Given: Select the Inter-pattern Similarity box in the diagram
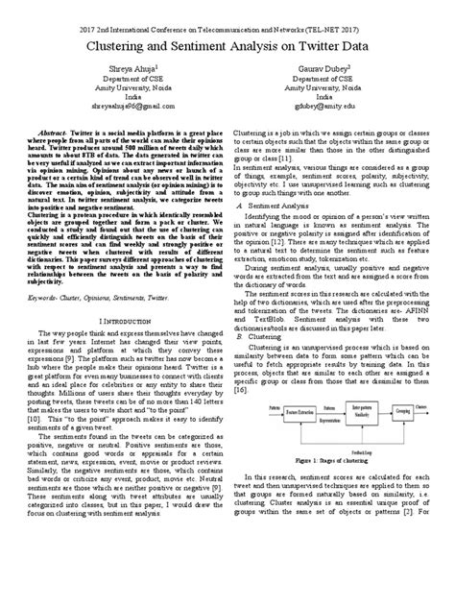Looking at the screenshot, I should tap(357, 434).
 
